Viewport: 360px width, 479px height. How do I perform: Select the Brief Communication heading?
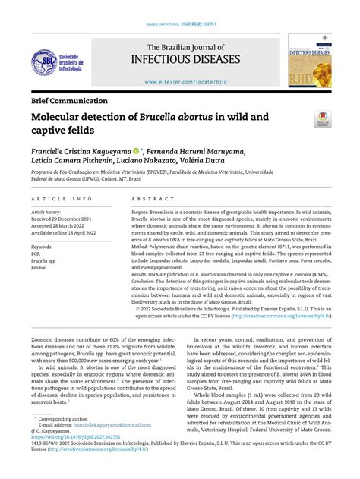point(69,100)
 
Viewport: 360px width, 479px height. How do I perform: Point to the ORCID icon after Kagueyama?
point(135,152)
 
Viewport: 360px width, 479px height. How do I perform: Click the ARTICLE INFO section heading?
point(62,199)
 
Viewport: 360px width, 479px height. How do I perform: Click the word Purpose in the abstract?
point(144,213)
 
